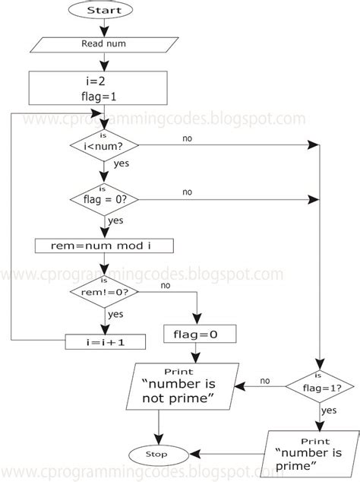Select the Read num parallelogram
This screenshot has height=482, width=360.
click(103, 44)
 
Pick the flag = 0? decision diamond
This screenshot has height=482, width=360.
click(104, 200)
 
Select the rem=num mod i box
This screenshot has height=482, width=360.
click(104, 246)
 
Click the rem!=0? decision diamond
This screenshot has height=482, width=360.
click(104, 291)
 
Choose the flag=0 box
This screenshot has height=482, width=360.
click(200, 334)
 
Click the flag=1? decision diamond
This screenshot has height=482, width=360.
click(320, 387)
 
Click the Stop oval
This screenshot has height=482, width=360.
click(158, 454)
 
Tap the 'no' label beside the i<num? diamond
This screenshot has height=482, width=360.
click(187, 138)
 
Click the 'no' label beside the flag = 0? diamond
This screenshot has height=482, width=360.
click(187, 192)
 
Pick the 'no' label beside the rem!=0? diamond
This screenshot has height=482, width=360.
click(165, 286)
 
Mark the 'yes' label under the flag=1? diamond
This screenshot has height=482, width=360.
click(329, 411)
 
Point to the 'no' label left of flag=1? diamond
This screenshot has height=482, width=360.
click(265, 381)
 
